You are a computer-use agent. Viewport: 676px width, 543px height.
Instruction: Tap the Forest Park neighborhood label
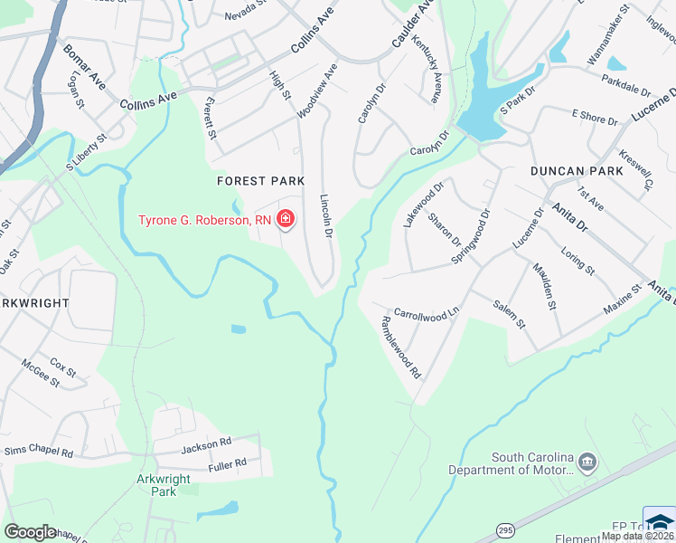pos(260,181)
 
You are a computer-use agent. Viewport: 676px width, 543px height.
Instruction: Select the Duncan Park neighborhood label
pos(577,171)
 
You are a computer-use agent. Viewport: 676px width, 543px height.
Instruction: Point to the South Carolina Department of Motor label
pos(532,462)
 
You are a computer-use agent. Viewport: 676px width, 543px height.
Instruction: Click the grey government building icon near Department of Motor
pos(588,462)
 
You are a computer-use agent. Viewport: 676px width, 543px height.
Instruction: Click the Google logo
pos(30,532)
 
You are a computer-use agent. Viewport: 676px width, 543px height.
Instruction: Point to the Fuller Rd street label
pos(227,463)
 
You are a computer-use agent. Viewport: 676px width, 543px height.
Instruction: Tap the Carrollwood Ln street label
pos(427,312)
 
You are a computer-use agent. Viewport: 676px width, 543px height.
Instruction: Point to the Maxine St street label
pos(622,300)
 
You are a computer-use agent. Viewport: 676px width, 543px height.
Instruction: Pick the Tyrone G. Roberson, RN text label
pos(204,220)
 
